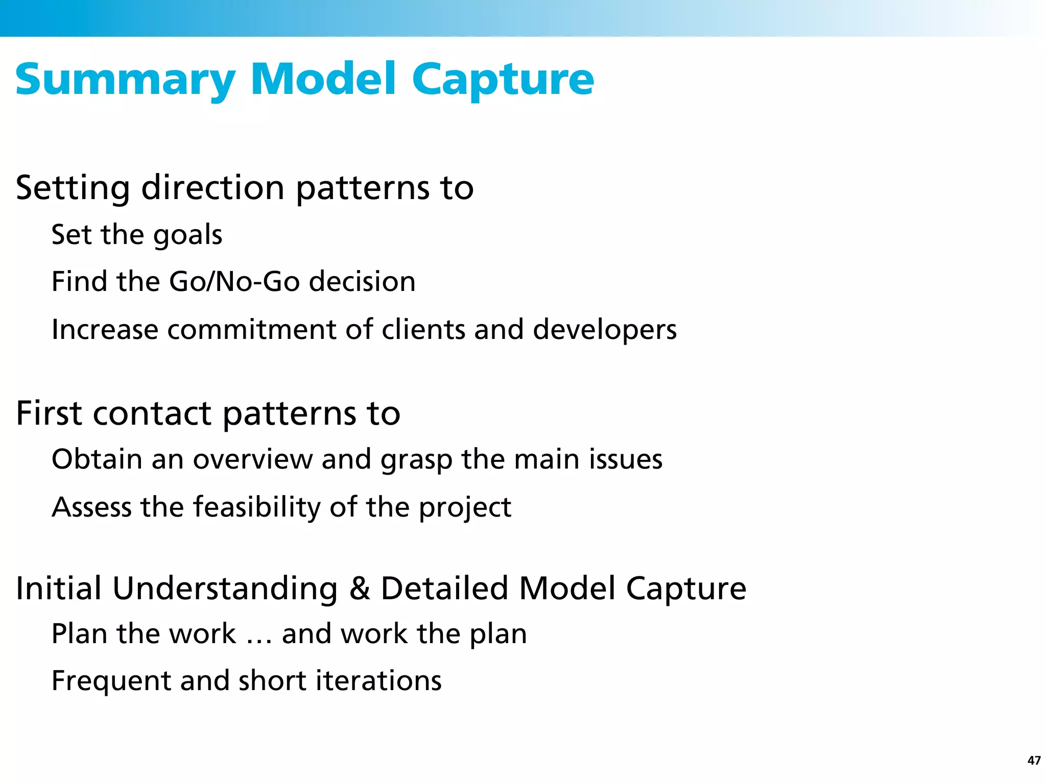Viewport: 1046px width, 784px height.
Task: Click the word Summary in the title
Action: pos(125,81)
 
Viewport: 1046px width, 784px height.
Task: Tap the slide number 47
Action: pos(1034,761)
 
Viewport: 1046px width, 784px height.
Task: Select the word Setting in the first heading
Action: pos(73,189)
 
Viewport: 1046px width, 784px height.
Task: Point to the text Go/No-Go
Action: pos(234,282)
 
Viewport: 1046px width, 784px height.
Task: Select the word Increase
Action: pos(105,330)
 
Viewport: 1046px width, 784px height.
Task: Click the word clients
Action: pos(423,330)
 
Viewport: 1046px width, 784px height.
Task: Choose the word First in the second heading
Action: pos(49,413)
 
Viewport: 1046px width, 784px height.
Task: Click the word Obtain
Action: pos(97,459)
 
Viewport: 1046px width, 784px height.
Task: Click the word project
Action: pos(465,508)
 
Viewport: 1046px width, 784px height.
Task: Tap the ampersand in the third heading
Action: pos(360,589)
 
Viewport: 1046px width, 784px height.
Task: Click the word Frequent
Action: pos(111,681)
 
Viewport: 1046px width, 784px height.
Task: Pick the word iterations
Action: pos(378,681)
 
